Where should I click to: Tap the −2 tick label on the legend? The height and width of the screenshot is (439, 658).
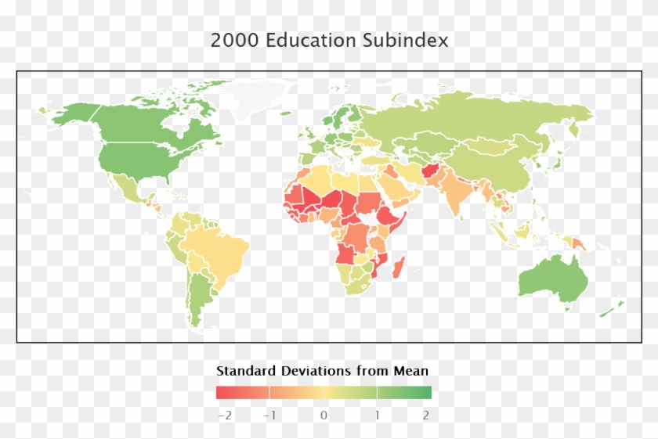point(224,416)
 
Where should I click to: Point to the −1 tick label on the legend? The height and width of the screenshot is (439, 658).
point(269,416)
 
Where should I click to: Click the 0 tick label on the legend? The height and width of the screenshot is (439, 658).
point(324,416)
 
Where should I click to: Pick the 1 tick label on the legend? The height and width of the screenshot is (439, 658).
point(377,416)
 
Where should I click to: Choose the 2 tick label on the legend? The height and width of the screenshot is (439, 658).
point(426,416)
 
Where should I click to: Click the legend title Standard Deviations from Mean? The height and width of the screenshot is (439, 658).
point(322,370)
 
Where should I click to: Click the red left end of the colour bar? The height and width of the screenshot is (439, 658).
point(222,393)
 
